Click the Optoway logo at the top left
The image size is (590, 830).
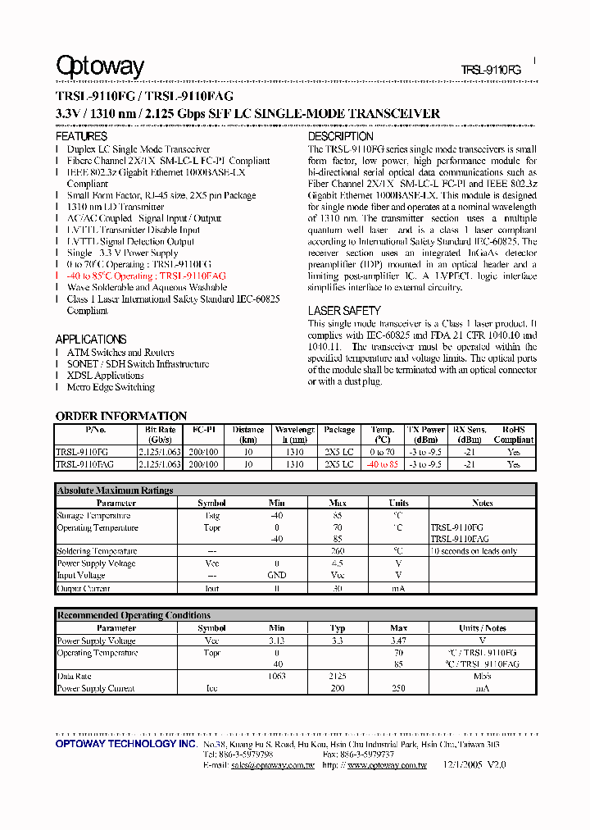pos(99,66)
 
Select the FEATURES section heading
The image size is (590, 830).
pos(81,136)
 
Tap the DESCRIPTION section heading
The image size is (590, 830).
pos(340,136)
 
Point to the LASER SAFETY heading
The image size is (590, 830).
pos(344,311)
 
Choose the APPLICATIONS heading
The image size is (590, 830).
pos(91,340)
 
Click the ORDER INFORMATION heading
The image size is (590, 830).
pos(121,416)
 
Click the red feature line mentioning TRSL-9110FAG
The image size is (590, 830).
pos(146,276)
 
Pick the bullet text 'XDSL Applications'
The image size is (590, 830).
pos(105,376)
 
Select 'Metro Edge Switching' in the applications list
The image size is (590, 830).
pos(111,387)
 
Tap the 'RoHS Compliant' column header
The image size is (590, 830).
pos(513,435)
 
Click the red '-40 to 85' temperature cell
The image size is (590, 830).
pos(383,464)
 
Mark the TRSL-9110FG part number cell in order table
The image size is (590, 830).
pos(81,452)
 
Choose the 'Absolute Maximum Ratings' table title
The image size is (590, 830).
pos(115,490)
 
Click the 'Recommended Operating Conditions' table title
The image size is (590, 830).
pos(133,615)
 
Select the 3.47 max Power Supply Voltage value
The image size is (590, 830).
pos(399,641)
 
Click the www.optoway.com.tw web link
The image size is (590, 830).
pos(387,765)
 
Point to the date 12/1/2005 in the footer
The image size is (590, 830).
pos(470,765)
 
